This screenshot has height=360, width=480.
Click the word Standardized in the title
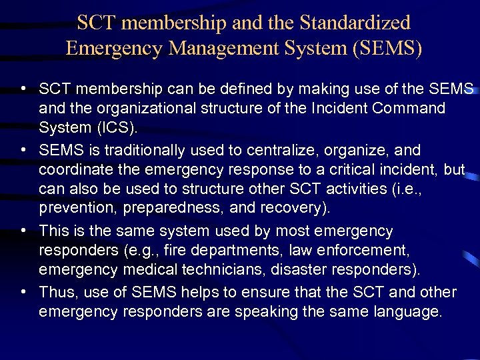tap(355, 23)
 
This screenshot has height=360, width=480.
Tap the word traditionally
tap(139, 151)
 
